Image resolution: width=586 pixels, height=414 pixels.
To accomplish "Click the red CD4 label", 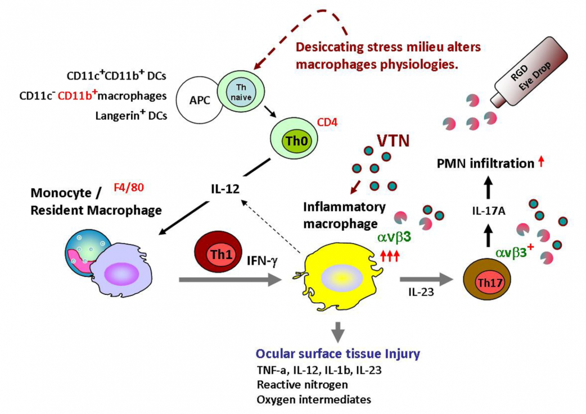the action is click(327, 122).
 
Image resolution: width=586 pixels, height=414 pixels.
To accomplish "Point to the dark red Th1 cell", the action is click(218, 252).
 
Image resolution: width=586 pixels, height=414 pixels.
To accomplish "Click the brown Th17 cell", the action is click(487, 279).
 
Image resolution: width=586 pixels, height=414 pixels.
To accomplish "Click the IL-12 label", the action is click(225, 189).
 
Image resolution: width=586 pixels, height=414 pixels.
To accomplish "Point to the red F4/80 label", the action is click(129, 187).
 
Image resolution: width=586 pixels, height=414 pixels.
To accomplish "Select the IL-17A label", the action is click(489, 211).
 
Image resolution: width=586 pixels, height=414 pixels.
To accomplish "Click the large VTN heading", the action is click(393, 141).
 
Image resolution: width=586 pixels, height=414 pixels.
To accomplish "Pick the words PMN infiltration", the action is click(485, 163).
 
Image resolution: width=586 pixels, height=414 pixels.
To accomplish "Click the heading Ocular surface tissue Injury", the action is click(338, 353).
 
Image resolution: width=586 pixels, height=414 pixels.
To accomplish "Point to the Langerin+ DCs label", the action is click(131, 115).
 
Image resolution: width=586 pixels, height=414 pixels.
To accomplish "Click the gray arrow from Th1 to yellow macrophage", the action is click(230, 279).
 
